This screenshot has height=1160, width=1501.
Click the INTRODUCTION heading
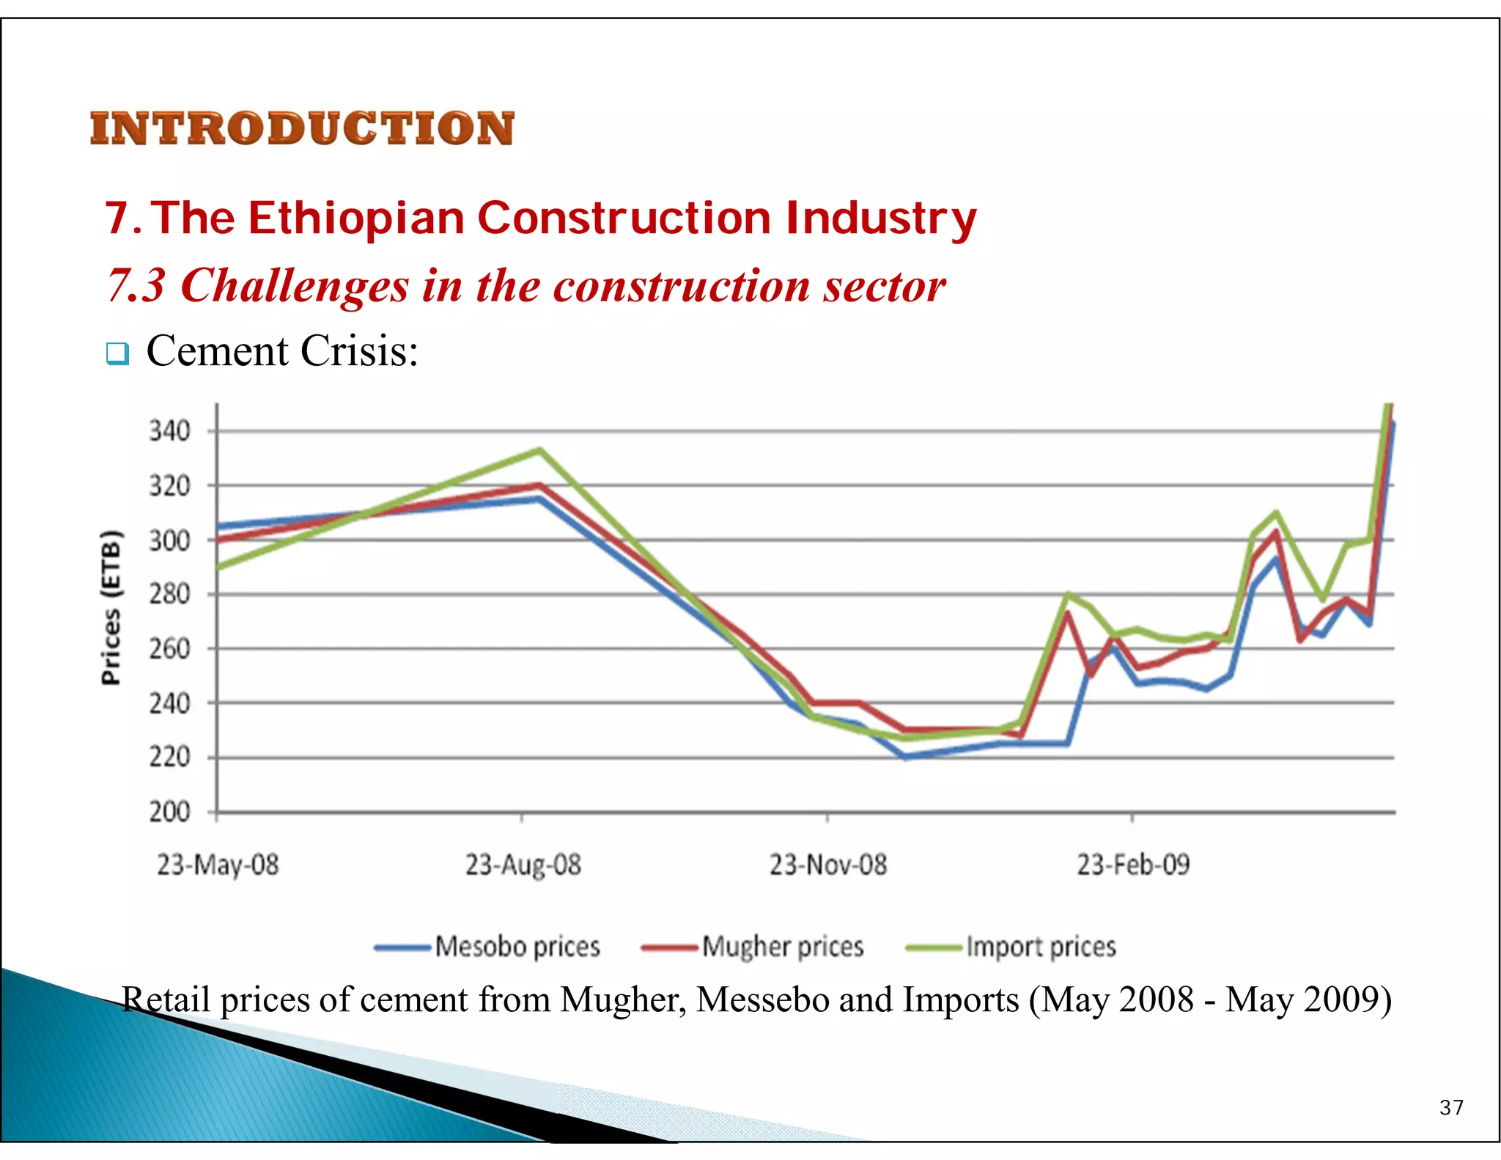point(302,129)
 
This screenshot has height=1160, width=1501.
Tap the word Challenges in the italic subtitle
point(295,285)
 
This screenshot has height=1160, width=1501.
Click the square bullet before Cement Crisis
point(117,353)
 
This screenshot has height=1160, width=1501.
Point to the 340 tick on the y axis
point(169,431)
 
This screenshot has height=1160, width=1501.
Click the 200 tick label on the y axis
point(169,812)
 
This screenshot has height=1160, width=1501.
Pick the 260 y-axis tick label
point(169,649)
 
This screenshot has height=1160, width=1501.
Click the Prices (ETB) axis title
point(111,607)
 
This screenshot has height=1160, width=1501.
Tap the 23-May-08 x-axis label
point(218,865)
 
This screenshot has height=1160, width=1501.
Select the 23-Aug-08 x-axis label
point(523,865)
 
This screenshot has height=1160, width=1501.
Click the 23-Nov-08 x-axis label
point(828,865)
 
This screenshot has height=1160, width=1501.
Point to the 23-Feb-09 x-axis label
point(1133,865)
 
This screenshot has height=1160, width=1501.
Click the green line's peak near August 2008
point(539,450)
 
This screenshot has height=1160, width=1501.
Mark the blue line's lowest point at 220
point(906,757)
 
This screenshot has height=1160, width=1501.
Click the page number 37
point(1451,1107)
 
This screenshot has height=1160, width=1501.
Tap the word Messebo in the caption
point(762,999)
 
